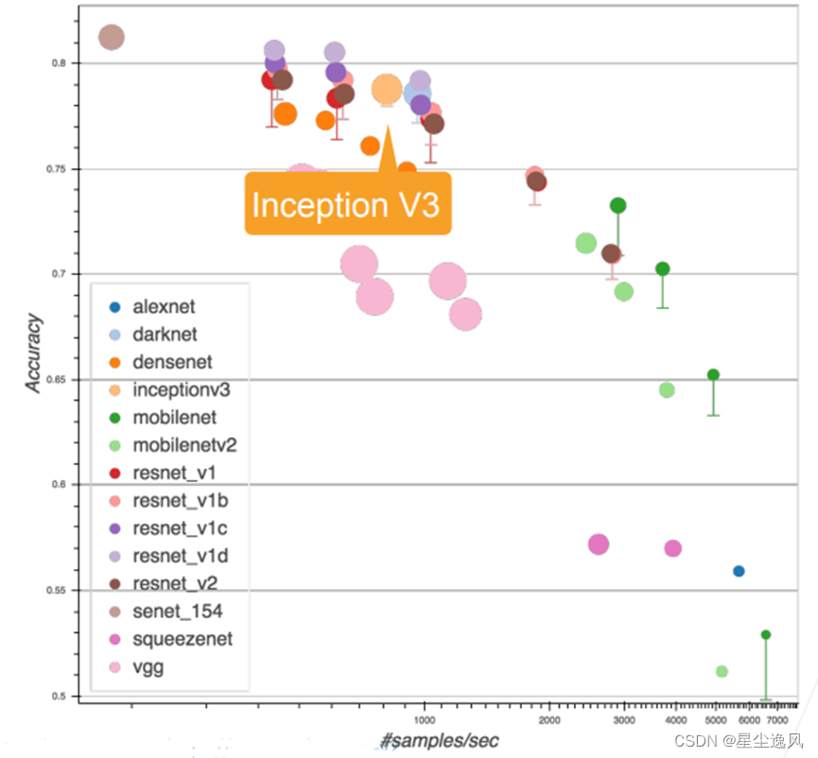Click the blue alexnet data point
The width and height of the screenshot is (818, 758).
[739, 571]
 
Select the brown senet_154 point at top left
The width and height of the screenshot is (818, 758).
[112, 37]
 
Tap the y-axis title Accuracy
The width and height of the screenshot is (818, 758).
[34, 354]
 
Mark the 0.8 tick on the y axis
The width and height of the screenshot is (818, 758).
[62, 63]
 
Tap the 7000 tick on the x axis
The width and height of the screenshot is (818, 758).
[776, 720]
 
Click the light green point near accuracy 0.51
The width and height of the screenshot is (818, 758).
[722, 671]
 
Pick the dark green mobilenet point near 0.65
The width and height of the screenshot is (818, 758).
[713, 374]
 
